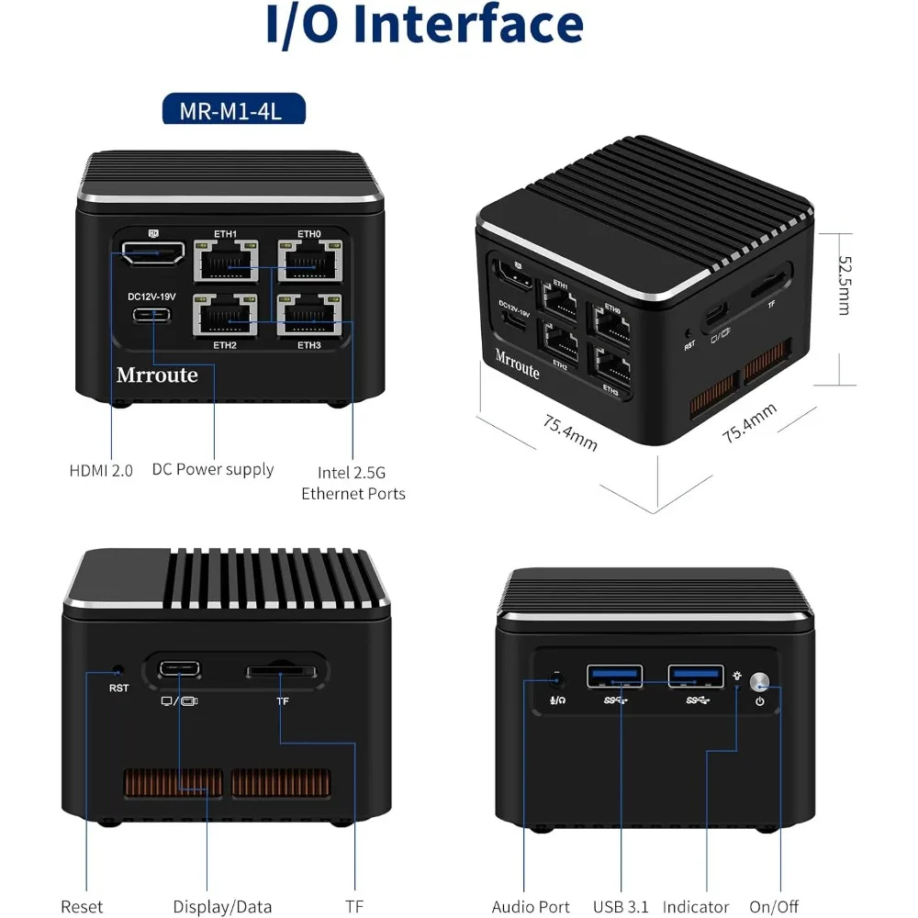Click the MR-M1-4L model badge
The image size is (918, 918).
pos(233,111)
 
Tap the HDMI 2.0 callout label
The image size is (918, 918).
pos(101,470)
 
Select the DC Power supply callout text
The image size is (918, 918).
pos(213,469)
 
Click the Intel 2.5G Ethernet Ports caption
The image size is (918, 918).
pos(353,483)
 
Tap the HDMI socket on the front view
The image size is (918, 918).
pos(151,252)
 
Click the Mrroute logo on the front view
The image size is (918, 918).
pos(157,375)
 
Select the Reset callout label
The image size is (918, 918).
pos(82,906)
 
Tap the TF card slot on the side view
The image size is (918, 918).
pos(285,672)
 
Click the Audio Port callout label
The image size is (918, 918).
pos(531,906)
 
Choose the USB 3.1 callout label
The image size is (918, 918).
pos(621,906)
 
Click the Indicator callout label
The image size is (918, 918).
pos(695,906)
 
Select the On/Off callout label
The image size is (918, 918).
pos(774,906)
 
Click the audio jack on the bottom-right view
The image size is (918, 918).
pos(556,680)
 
